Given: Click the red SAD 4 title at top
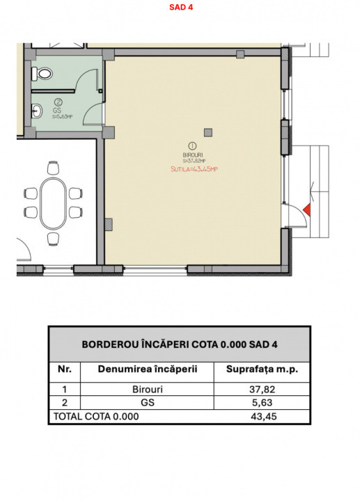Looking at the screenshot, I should pyautogui.click(x=180, y=8).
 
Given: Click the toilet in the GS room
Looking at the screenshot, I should pyautogui.click(x=44, y=72).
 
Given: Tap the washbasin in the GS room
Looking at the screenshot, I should pyautogui.click(x=37, y=109).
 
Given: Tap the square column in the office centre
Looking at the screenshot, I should pyautogui.click(x=208, y=132).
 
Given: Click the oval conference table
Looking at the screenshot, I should pyautogui.click(x=54, y=202).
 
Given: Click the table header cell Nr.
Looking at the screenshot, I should pyautogui.click(x=64, y=369).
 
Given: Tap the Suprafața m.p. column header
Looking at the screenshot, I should pyautogui.click(x=263, y=369).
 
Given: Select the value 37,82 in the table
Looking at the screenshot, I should pyautogui.click(x=263, y=390).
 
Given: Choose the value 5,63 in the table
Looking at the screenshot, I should pyautogui.click(x=263, y=403).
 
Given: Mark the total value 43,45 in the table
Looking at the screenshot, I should pyautogui.click(x=263, y=416).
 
